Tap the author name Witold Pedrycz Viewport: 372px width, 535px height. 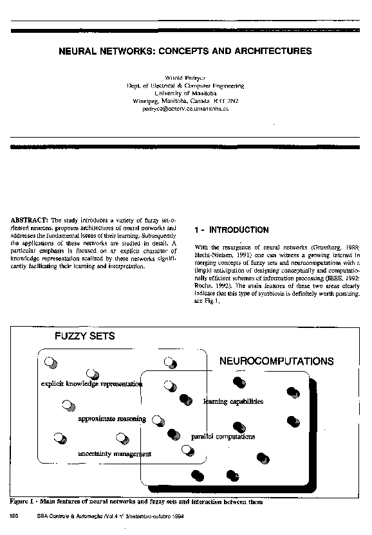[x=185, y=77]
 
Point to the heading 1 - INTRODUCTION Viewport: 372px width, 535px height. [x=231, y=230]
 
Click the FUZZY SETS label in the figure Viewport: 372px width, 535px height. [x=84, y=336]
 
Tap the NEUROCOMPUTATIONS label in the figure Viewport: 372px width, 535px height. [x=277, y=361]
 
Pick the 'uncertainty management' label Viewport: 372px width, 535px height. [x=115, y=453]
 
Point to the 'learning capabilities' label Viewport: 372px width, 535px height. [x=233, y=402]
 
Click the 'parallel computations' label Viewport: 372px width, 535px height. [x=223, y=437]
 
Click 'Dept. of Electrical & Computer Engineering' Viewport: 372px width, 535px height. [x=185, y=86]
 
